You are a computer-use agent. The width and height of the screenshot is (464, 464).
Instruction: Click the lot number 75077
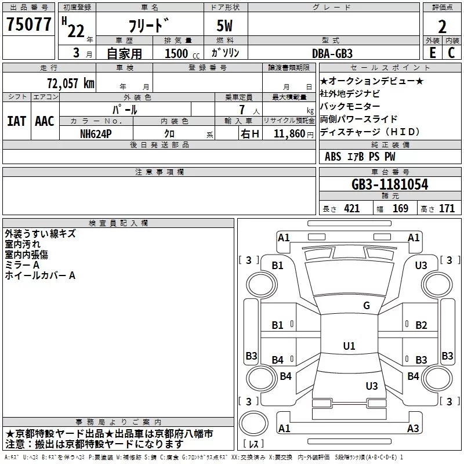pyautogui.click(x=28, y=24)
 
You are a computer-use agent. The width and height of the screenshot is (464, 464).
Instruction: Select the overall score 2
pyautogui.click(x=442, y=27)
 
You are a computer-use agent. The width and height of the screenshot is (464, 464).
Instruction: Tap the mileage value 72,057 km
pyautogui.click(x=71, y=84)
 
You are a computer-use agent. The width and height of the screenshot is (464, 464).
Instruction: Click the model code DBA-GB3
pyautogui.click(x=332, y=53)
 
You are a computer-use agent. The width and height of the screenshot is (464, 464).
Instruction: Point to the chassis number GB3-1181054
pyautogui.click(x=390, y=184)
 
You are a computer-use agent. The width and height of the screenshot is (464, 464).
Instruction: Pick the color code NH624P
pyautogui.click(x=96, y=134)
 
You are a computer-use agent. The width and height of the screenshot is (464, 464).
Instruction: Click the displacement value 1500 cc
pyautogui.click(x=182, y=53)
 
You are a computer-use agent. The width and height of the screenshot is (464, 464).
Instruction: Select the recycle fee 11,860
pyautogui.click(x=289, y=134)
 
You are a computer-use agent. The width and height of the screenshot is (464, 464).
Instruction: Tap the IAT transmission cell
pyautogui.click(x=16, y=121)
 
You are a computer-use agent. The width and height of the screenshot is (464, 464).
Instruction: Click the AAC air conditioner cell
pyautogui.click(x=45, y=121)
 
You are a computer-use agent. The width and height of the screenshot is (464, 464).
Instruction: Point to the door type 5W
pyautogui.click(x=224, y=26)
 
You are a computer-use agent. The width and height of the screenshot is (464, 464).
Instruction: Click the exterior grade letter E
pyautogui.click(x=432, y=53)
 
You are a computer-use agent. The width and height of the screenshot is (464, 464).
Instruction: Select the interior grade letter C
pyautogui.click(x=451, y=53)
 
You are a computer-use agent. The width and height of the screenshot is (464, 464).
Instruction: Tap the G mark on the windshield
pyautogui.click(x=367, y=306)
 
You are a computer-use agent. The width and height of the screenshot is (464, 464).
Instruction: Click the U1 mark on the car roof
pyautogui.click(x=349, y=346)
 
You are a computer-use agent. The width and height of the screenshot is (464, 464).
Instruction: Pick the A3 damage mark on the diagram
pyautogui.click(x=413, y=428)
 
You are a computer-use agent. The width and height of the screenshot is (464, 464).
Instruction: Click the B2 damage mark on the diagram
pyautogui.click(x=421, y=325)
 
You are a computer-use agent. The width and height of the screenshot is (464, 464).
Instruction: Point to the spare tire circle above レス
pyautogui.click(x=253, y=423)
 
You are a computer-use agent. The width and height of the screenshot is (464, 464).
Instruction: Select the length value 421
pyautogui.click(x=352, y=209)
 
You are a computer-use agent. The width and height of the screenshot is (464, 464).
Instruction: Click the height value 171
pyautogui.click(x=447, y=209)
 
